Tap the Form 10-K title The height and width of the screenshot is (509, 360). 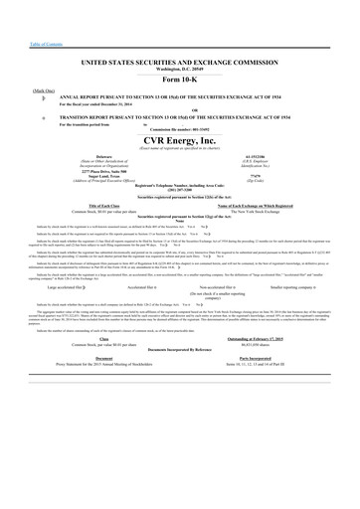pyautogui.click(x=180, y=81)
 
